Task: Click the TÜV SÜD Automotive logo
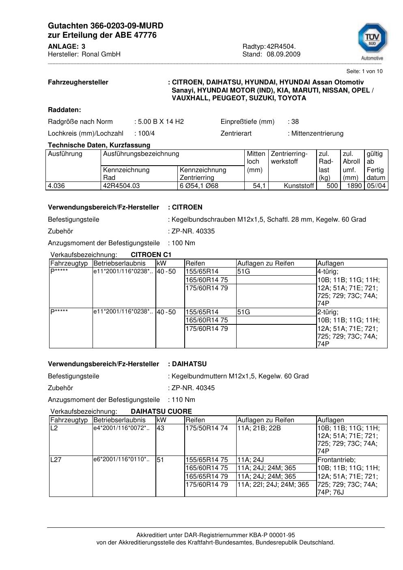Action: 372,41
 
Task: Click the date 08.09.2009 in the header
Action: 283,54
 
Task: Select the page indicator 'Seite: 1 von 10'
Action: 364,71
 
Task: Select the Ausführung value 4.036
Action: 56,186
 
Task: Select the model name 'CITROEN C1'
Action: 151,255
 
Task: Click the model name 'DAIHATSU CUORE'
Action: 161,412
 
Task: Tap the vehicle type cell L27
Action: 56,460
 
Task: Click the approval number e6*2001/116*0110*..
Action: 121,460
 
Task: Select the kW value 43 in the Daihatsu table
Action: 161,428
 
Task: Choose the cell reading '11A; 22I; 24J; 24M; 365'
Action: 273,485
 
